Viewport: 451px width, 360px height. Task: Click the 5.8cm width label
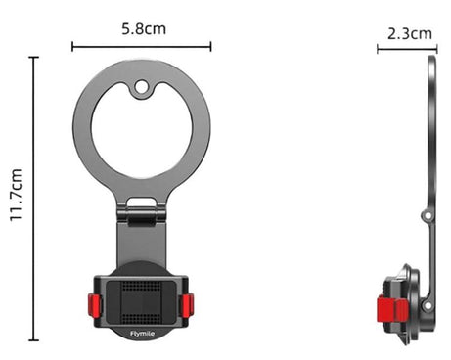[142, 28]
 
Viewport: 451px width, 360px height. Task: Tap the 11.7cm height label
[17, 198]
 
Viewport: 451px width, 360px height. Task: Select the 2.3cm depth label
[410, 33]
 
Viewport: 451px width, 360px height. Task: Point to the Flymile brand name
[142, 333]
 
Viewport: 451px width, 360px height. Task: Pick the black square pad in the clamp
[142, 299]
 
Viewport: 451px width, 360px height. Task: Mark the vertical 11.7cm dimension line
[35, 198]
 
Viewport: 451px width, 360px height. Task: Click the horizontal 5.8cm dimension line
[142, 45]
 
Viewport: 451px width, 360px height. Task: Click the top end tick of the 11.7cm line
[35, 57]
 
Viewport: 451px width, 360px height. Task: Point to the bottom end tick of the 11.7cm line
[35, 340]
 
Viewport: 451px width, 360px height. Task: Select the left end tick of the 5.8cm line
[73, 45]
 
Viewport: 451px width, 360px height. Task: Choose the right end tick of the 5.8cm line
[211, 45]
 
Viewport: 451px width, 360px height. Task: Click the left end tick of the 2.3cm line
[379, 48]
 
